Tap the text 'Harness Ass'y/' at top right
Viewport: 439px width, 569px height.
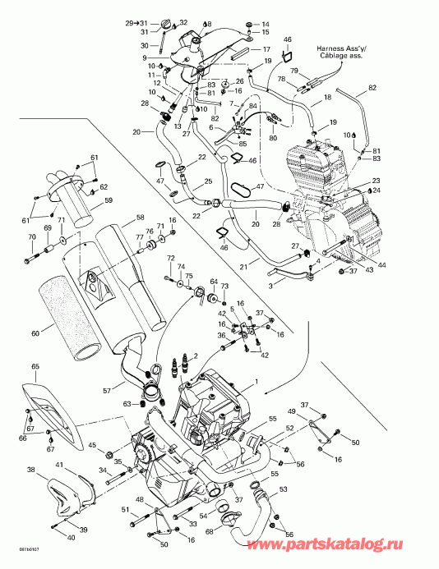coord(346,48)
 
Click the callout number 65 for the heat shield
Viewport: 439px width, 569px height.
coord(35,366)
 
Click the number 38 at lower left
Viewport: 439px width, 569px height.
coord(31,470)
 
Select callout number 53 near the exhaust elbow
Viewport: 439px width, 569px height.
coord(284,489)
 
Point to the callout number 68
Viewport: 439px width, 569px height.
coord(209,532)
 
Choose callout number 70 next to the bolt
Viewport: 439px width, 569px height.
coord(32,238)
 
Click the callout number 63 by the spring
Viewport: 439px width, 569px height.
coord(127,404)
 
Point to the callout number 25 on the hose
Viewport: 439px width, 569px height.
coord(208,181)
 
